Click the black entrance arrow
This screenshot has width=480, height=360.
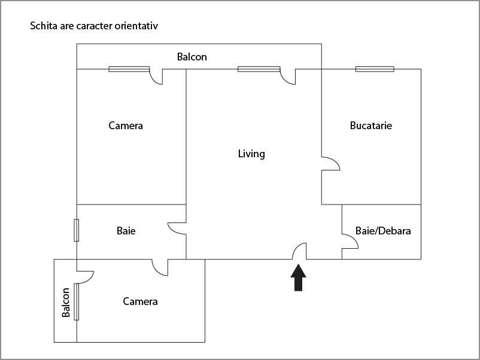(299, 277)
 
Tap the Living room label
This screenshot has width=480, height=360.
(251, 154)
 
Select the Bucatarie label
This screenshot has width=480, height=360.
(371, 126)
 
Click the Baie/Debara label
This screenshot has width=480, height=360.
(383, 230)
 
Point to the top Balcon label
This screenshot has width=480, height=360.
(192, 57)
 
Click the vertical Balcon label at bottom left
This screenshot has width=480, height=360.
(66, 302)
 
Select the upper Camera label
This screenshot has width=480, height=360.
(126, 126)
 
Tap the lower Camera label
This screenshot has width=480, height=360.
(140, 301)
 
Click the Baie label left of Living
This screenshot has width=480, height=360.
(126, 230)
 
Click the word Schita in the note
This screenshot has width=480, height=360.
(43, 26)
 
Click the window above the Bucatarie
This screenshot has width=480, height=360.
(375, 69)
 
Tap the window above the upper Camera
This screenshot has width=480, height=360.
(129, 69)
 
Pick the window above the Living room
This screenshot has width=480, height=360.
(259, 69)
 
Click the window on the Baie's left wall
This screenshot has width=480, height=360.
(77, 230)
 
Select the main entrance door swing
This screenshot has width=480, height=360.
(300, 252)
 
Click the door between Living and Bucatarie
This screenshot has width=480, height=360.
(330, 163)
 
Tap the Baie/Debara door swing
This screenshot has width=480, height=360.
(350, 240)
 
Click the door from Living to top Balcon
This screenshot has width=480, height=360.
(288, 76)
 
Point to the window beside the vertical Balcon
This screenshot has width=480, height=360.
(77, 301)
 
